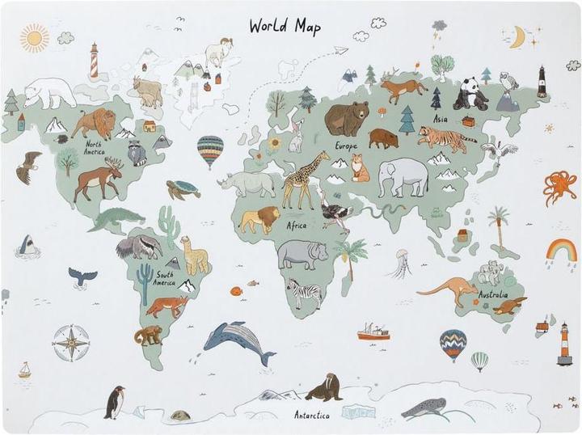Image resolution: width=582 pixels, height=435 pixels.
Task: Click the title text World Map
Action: tap(285, 26)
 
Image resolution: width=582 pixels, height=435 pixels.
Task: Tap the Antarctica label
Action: tap(311, 415)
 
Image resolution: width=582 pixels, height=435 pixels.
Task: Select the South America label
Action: tap(164, 278)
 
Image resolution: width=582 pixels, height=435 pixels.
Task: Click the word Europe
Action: tap(346, 146)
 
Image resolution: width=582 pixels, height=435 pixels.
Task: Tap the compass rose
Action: tap(71, 342)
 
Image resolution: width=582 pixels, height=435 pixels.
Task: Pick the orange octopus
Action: tap(559, 187)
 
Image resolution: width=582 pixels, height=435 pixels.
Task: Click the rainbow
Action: tap(561, 251)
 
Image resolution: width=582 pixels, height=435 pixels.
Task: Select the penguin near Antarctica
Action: tap(115, 401)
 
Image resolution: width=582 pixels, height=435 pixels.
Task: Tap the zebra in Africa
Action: tap(305, 293)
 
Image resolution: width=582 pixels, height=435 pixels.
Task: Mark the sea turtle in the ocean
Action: tap(183, 188)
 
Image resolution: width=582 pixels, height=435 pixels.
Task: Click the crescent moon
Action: tap(517, 37)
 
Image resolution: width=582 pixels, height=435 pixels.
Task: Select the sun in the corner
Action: tap(35, 36)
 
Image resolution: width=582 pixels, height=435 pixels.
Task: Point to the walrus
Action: tap(325, 388)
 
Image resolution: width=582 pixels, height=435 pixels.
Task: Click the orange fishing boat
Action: tap(373, 332)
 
